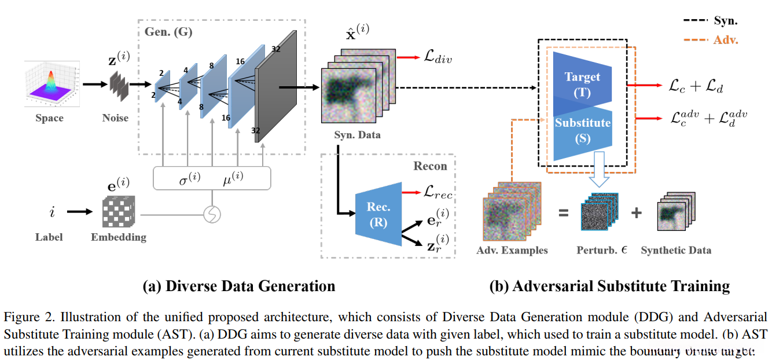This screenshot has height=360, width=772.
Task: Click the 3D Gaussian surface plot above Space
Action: (x=49, y=84)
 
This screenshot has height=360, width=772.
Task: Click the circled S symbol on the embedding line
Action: (x=211, y=215)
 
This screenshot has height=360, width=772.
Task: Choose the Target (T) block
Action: (x=582, y=84)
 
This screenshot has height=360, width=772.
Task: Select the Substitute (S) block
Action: (x=582, y=130)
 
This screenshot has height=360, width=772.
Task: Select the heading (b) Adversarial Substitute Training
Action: (x=609, y=286)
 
